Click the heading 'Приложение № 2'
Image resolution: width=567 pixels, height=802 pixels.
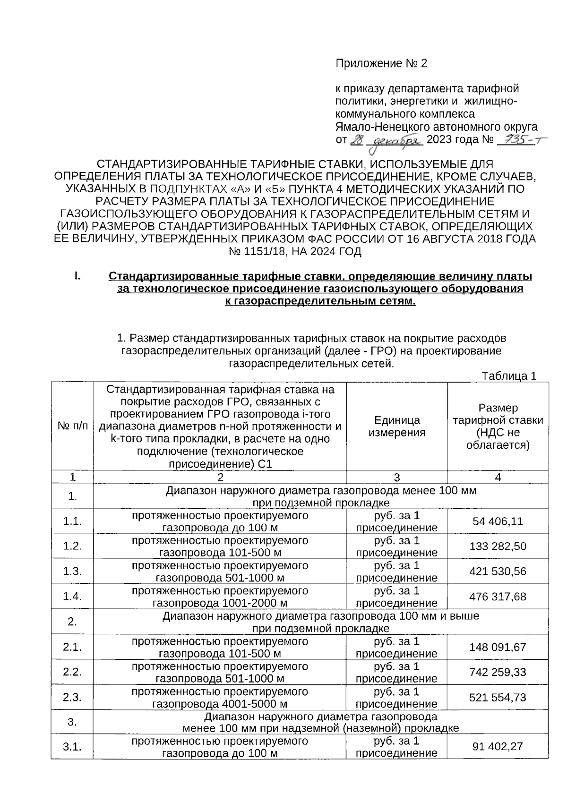click(x=381, y=63)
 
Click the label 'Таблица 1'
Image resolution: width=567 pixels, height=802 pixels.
click(x=509, y=376)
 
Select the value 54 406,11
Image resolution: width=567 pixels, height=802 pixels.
click(x=498, y=521)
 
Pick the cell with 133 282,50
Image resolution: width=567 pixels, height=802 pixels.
click(x=498, y=546)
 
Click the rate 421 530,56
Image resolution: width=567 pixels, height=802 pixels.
click(x=498, y=572)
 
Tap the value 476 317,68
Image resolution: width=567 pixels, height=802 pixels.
click(x=498, y=597)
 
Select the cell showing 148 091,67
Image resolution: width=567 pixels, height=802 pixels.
click(x=498, y=647)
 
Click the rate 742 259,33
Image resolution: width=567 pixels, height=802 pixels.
click(x=498, y=672)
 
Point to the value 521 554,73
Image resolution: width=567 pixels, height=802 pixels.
click(x=498, y=698)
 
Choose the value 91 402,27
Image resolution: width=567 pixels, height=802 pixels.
click(x=498, y=747)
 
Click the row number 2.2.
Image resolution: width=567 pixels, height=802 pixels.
click(x=72, y=672)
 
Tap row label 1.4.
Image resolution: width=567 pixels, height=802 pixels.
click(x=72, y=597)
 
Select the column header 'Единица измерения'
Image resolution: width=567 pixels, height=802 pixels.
click(x=397, y=426)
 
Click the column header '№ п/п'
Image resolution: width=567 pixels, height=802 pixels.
click(x=73, y=426)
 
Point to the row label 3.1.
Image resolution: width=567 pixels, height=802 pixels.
click(x=72, y=747)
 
